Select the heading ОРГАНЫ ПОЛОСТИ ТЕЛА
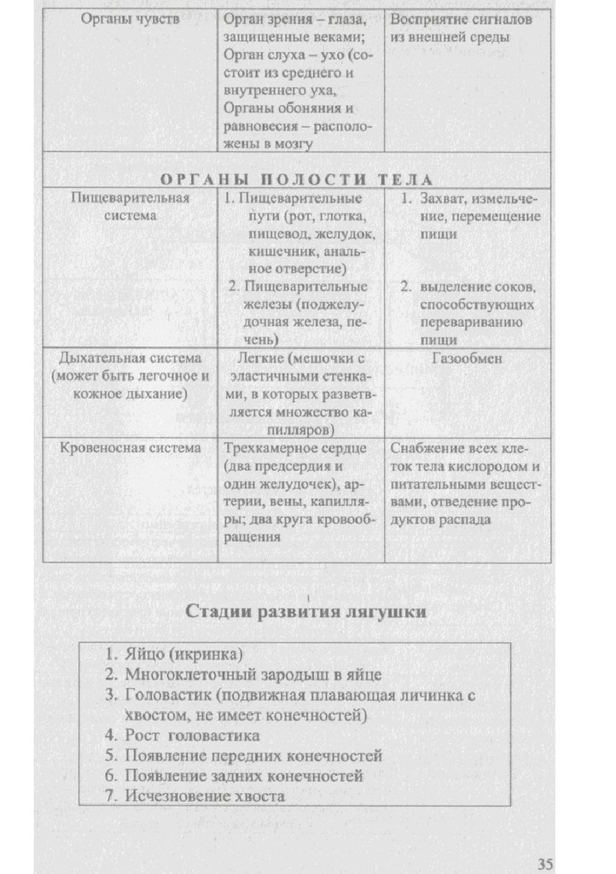point(296,179)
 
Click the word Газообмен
point(467,358)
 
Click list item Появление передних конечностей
point(253,755)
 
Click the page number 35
point(546,859)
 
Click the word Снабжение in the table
point(424,447)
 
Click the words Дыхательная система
point(131,358)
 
